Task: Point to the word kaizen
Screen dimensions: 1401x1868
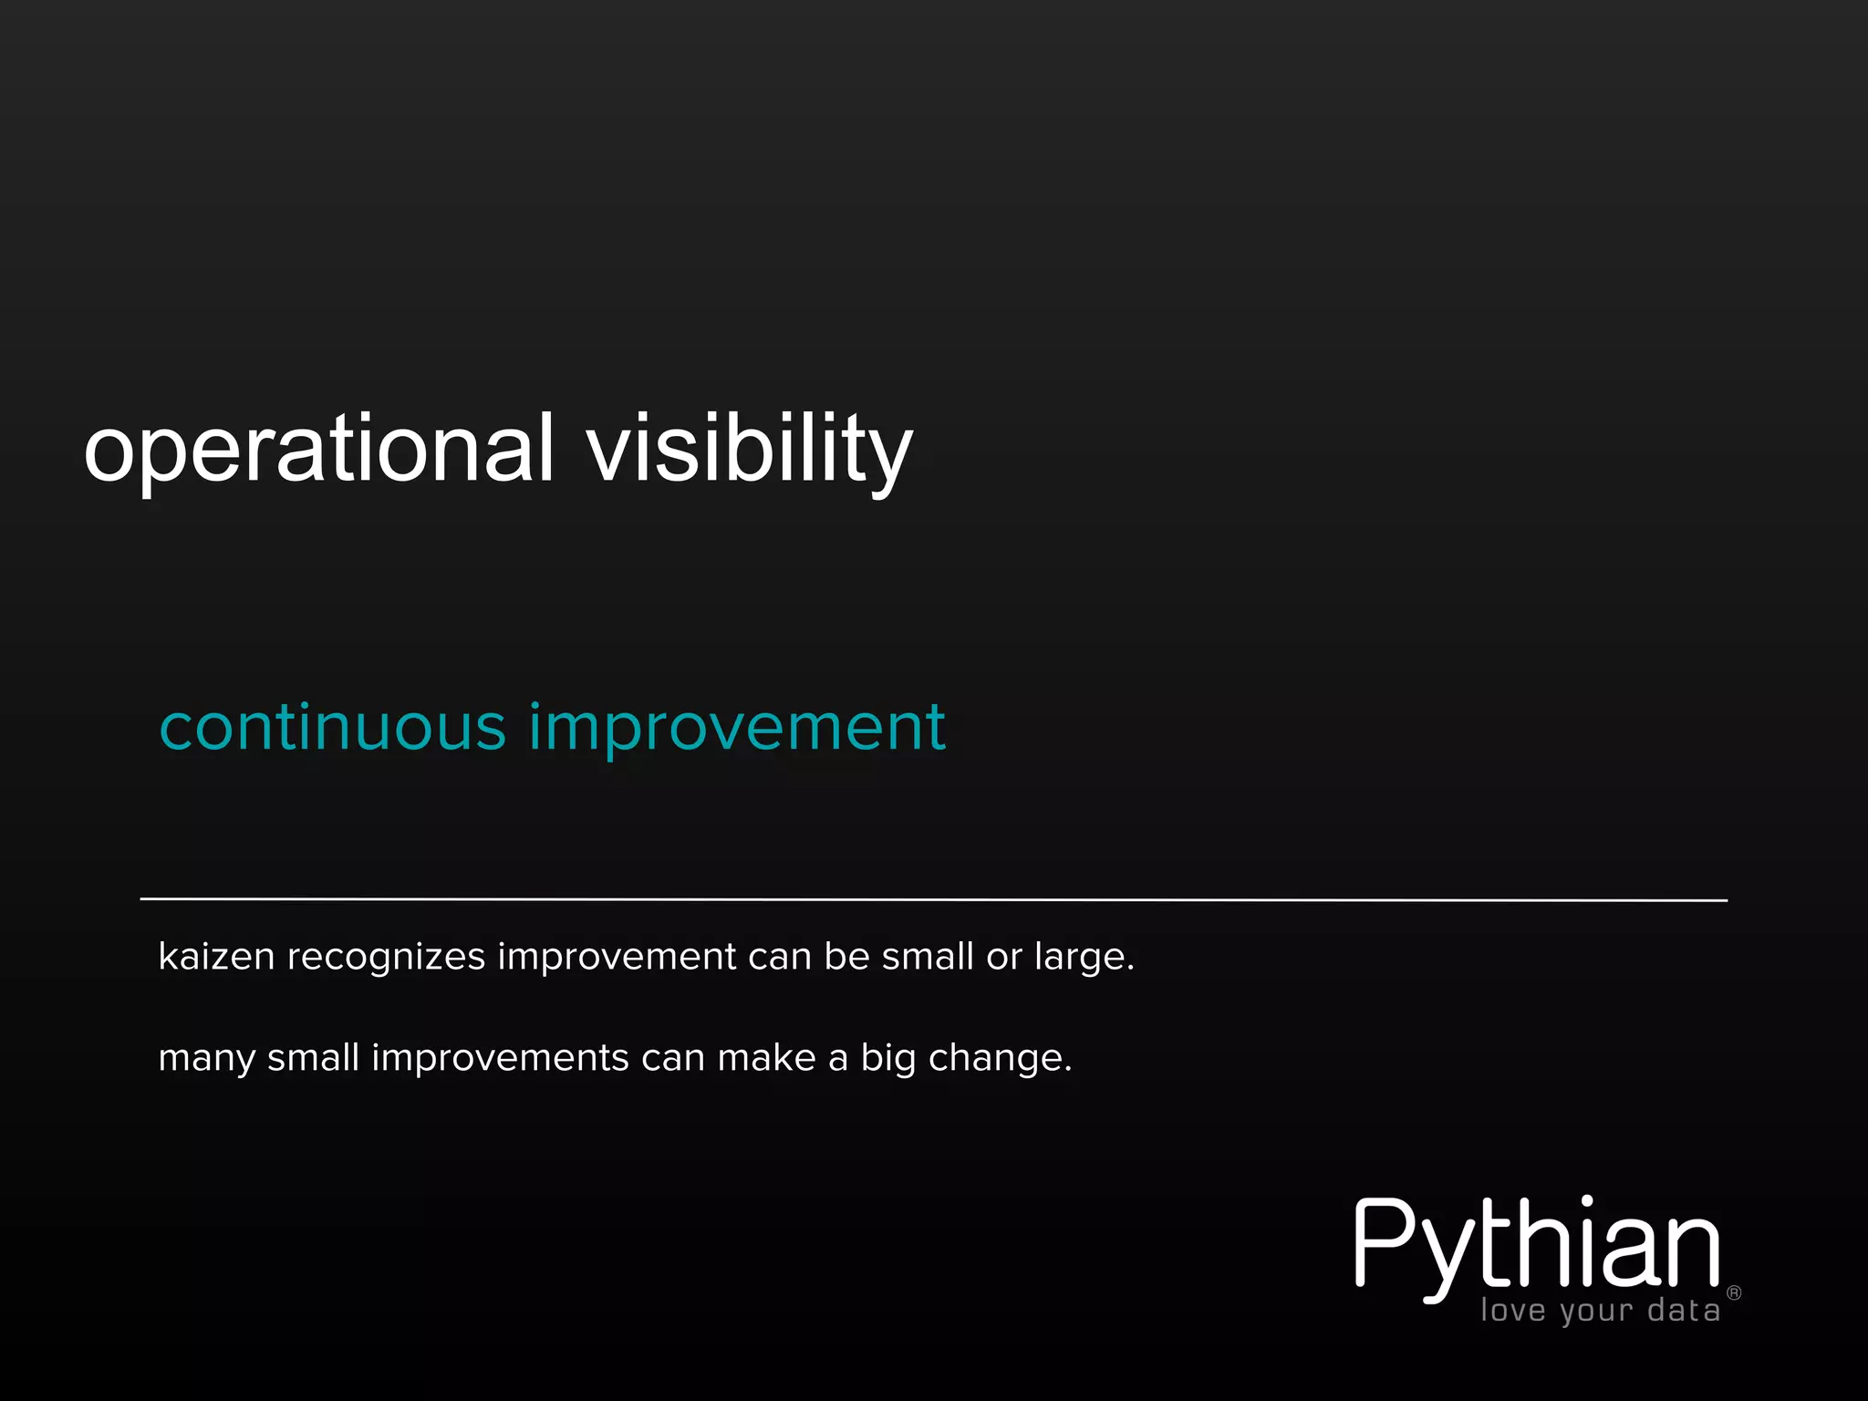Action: coord(216,957)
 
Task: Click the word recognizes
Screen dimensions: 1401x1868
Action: coord(386,957)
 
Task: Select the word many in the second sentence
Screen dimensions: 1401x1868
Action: coord(207,1058)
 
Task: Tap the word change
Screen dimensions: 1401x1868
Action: coord(999,1058)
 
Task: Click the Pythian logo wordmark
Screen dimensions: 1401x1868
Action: coord(1537,1245)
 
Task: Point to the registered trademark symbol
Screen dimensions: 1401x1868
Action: coord(1734,1292)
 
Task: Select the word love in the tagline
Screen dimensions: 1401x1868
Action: coord(1513,1311)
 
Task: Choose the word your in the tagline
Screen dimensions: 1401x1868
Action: coord(1596,1312)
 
